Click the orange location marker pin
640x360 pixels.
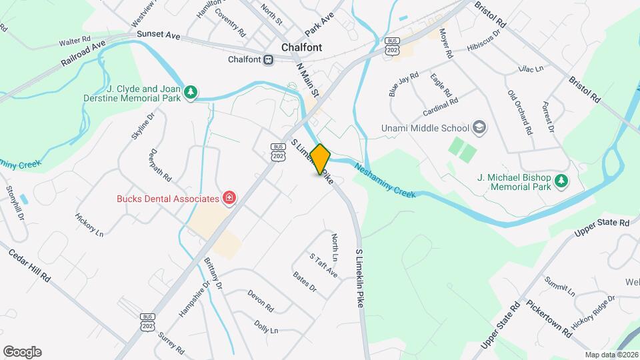coord(321,159)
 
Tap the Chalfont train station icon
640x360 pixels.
coord(268,59)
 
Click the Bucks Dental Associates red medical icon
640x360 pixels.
coord(229,198)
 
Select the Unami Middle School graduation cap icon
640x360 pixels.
coord(479,127)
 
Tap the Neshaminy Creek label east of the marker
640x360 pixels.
coord(385,181)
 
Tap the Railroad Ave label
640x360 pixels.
coord(83,53)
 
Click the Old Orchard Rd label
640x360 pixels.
coord(520,113)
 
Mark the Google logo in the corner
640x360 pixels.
coord(22,352)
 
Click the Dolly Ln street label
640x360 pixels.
coord(265,326)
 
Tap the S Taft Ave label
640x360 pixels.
coord(323,265)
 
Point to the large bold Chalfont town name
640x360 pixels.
coord(301,47)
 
